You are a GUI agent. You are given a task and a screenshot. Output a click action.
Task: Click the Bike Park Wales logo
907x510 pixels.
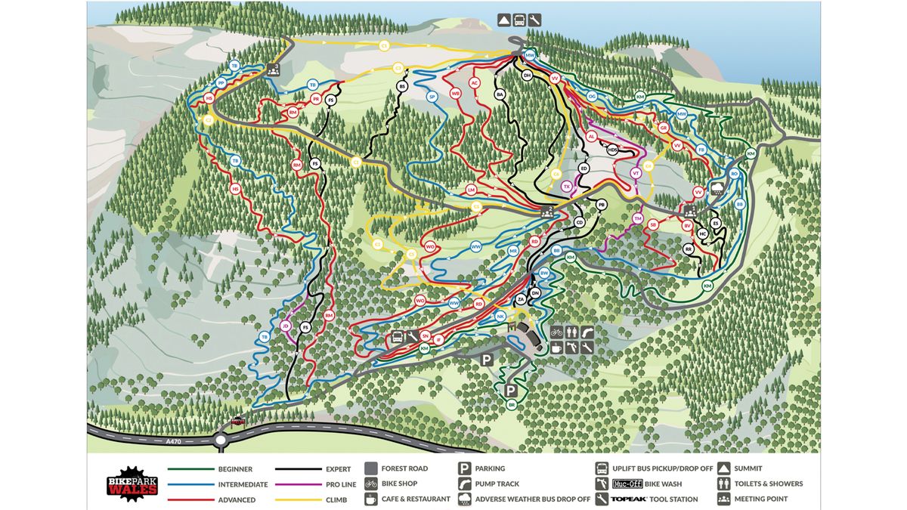pyautogui.click(x=132, y=484)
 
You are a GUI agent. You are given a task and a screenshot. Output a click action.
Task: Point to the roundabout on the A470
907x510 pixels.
pyautogui.click(x=221, y=439)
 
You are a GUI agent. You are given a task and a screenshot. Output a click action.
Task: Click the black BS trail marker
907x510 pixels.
pyautogui.click(x=402, y=87)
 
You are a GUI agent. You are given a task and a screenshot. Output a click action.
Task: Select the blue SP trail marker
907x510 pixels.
pyautogui.click(x=432, y=97)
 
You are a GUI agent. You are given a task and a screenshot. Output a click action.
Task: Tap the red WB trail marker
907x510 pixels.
pyautogui.click(x=455, y=94)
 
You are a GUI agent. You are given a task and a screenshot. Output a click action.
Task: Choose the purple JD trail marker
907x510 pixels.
pyautogui.click(x=285, y=326)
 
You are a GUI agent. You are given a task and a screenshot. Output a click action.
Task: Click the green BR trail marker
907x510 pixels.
pyautogui.click(x=512, y=405)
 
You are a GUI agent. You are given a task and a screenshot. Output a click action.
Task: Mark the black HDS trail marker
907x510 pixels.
pyautogui.click(x=613, y=150)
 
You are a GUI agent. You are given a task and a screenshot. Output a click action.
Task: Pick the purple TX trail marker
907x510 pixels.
pyautogui.click(x=566, y=186)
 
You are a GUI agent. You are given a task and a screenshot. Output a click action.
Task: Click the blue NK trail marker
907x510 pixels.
pyautogui.click(x=500, y=316)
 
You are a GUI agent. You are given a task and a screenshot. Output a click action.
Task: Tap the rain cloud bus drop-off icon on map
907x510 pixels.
pyautogui.click(x=716, y=187)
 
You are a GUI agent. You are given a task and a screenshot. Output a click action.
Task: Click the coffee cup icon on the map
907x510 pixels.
pyautogui.click(x=556, y=348)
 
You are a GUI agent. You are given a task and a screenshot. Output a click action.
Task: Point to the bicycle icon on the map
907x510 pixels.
pyautogui.click(x=556, y=332)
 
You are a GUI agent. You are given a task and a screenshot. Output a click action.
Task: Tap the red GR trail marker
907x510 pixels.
pyautogui.click(x=663, y=128)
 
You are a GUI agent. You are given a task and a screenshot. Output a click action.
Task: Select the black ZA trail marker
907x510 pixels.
pyautogui.click(x=521, y=300)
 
